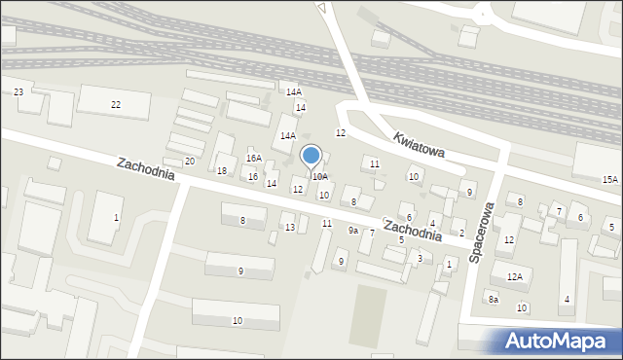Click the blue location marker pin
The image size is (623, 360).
coord(311,157)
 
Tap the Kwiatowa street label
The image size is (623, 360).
coord(420,143)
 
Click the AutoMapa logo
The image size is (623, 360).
coord(557,340)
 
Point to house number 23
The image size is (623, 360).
coord(18,92)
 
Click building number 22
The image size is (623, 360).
coord(116,104)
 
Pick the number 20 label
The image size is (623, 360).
coord(189,161)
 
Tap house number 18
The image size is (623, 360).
coord(222,171)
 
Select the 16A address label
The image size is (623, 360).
coord(254,158)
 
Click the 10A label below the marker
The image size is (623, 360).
coord(319,177)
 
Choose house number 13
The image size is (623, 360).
coord(289,227)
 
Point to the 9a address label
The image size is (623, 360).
coord(353,231)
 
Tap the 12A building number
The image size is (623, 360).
coord(514,277)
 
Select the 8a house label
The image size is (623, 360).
coord(494,300)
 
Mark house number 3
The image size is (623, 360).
coord(419,258)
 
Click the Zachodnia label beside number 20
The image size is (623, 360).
coord(146,169)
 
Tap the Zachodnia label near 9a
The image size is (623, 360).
coord(413,231)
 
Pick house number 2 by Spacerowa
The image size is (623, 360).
coord(461,234)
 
